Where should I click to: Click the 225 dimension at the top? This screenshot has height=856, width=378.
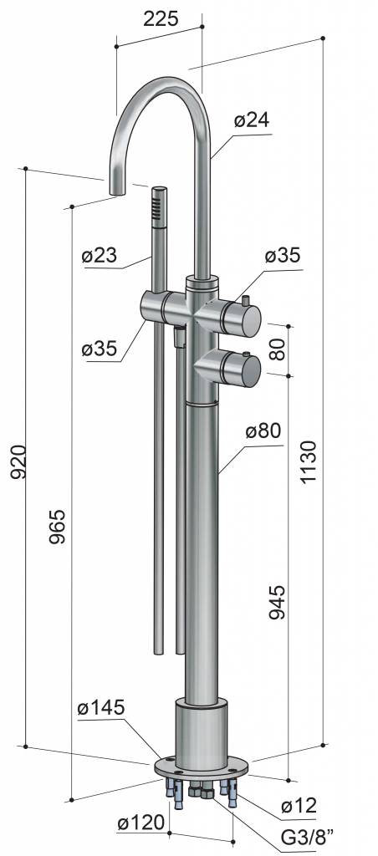[161, 18]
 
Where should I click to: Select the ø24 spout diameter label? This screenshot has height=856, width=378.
[252, 120]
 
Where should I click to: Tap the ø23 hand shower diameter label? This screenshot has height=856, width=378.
[100, 255]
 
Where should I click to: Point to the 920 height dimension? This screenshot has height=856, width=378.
[18, 461]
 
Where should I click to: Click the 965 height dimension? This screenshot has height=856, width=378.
[57, 526]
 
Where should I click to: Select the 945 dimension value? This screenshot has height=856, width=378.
[277, 602]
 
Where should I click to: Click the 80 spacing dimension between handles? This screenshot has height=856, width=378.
[277, 349]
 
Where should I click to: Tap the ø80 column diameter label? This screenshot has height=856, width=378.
[263, 431]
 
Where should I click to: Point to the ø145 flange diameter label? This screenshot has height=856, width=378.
[101, 708]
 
